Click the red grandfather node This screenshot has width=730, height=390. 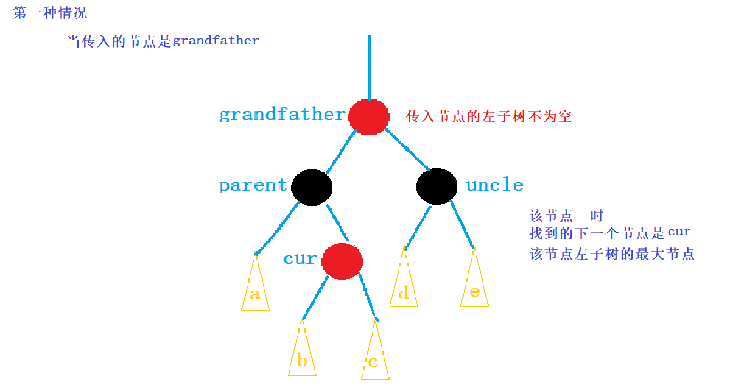tap(369, 116)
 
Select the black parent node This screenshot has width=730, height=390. tap(312, 186)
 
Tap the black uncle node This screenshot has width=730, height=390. tap(437, 186)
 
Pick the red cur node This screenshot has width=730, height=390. tap(342, 261)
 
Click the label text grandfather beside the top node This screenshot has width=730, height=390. tap(282, 115)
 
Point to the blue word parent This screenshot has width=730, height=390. tap(253, 185)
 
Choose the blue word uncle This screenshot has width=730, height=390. tap(494, 185)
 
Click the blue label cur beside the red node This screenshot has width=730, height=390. tap(300, 258)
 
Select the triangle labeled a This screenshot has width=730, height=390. tap(255, 292)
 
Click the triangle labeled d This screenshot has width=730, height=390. tap(404, 289)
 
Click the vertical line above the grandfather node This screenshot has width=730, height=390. tap(369, 67)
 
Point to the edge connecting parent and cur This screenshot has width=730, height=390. tap(338, 224)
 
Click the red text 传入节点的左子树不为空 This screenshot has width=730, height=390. tap(489, 116)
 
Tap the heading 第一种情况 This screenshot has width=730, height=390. tap(50, 13)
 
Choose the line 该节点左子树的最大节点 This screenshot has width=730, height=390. tap(612, 255)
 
